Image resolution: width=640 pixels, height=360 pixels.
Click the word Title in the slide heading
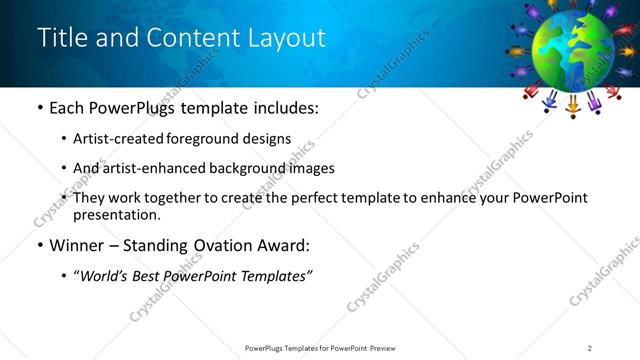click(61, 38)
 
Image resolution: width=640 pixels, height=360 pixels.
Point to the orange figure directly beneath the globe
click(574, 103)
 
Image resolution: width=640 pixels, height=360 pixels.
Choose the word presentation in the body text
click(116, 215)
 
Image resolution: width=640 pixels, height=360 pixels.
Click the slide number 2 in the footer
click(590, 348)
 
